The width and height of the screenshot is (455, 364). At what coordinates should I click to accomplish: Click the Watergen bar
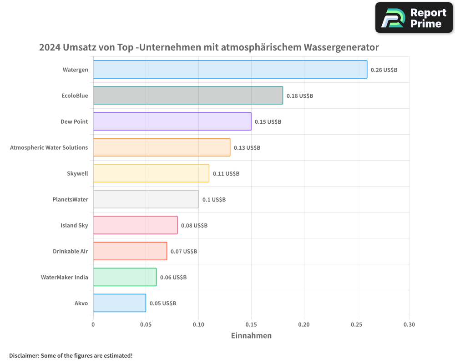[x=230, y=70]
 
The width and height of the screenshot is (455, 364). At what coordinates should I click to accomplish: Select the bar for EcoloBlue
[x=188, y=96]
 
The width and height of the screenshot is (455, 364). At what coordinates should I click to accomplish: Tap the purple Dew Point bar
[x=172, y=121]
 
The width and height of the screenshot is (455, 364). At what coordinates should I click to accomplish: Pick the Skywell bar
[x=151, y=173]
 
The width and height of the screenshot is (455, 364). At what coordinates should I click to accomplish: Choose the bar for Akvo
[x=120, y=303]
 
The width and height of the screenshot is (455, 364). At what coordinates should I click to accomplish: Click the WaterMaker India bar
[x=125, y=277]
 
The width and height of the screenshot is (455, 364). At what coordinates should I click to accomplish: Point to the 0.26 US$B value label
[x=384, y=70]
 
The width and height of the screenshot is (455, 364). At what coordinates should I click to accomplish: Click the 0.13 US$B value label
[x=247, y=148]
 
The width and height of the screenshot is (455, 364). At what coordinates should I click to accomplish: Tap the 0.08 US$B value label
[x=194, y=226]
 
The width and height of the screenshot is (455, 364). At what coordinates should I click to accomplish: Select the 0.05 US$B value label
[x=163, y=303]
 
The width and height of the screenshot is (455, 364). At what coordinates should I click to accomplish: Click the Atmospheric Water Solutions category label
[x=49, y=147]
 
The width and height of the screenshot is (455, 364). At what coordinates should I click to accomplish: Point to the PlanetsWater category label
[x=70, y=199]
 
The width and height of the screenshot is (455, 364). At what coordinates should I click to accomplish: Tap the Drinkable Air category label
[x=71, y=251]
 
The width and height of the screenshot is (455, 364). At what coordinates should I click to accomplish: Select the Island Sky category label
[x=74, y=225]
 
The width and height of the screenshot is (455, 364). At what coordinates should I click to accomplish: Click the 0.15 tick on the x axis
[x=251, y=325]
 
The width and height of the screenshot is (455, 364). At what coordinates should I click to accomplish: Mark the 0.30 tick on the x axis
[x=409, y=325]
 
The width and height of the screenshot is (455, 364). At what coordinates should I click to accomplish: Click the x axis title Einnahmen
[x=251, y=336]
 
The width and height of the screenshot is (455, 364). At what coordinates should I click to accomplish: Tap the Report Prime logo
[x=414, y=18]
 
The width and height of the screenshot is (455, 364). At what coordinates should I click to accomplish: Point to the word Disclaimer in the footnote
[x=23, y=355]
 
